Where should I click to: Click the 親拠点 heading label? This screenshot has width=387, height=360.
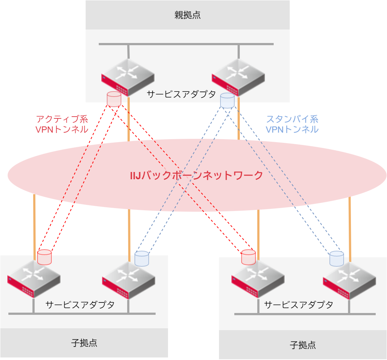[x=187, y=15]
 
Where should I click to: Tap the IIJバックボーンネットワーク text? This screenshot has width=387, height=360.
[x=196, y=175]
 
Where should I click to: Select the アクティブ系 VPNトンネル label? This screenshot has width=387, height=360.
[x=62, y=124]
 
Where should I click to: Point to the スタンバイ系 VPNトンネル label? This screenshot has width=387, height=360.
[x=292, y=124]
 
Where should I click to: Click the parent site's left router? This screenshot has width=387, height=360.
[x=128, y=77]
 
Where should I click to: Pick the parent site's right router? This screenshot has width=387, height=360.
[x=238, y=77]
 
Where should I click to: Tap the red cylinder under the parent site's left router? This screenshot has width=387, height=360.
[x=114, y=99]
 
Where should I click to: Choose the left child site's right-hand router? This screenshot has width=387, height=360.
[x=128, y=279]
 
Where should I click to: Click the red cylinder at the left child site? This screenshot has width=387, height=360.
[x=44, y=257]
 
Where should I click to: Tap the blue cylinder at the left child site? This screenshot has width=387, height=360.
[x=142, y=258]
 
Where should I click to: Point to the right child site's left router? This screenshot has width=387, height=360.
[x=258, y=279]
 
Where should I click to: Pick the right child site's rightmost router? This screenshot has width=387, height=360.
[x=349, y=281]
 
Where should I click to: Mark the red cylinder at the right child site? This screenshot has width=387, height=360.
[x=249, y=257]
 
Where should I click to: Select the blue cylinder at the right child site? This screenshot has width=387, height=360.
[x=337, y=258]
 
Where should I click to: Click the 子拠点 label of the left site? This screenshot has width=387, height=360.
[x=84, y=343]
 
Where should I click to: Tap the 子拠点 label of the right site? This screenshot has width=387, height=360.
[x=303, y=345]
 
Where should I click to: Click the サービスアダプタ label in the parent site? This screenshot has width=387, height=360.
[x=181, y=94]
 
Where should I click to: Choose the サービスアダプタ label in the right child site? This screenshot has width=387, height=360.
[x=298, y=305]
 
